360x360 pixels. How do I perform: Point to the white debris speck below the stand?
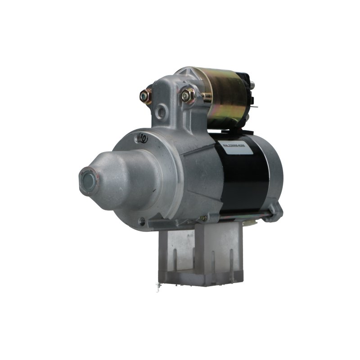tap(157, 284)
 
